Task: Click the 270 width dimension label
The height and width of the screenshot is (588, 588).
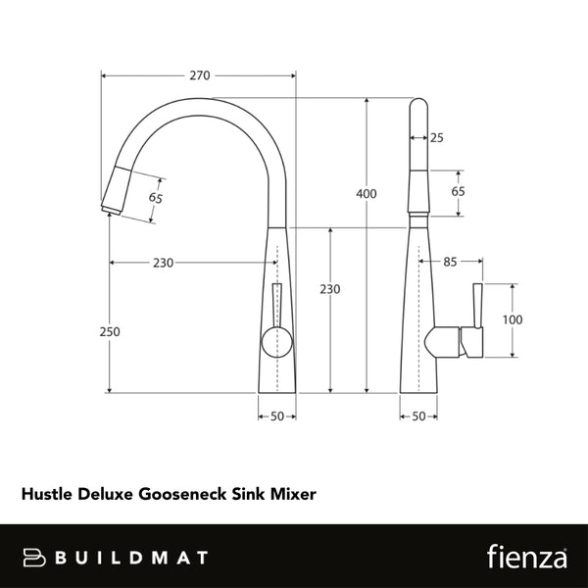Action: click(200, 75)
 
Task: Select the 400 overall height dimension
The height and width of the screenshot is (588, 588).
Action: click(366, 194)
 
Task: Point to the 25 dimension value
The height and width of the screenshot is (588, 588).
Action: click(436, 138)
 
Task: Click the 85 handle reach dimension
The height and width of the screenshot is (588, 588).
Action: click(451, 262)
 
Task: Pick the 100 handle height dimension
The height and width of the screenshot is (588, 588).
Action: click(513, 320)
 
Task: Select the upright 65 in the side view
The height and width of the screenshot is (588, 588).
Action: click(458, 191)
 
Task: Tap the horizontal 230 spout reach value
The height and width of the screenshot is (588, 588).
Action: click(163, 263)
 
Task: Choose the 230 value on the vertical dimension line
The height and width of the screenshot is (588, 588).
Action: click(330, 289)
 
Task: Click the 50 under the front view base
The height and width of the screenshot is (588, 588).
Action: click(277, 416)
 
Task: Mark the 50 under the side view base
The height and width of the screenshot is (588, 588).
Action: click(419, 416)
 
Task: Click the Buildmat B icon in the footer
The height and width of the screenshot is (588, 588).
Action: click(37, 557)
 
